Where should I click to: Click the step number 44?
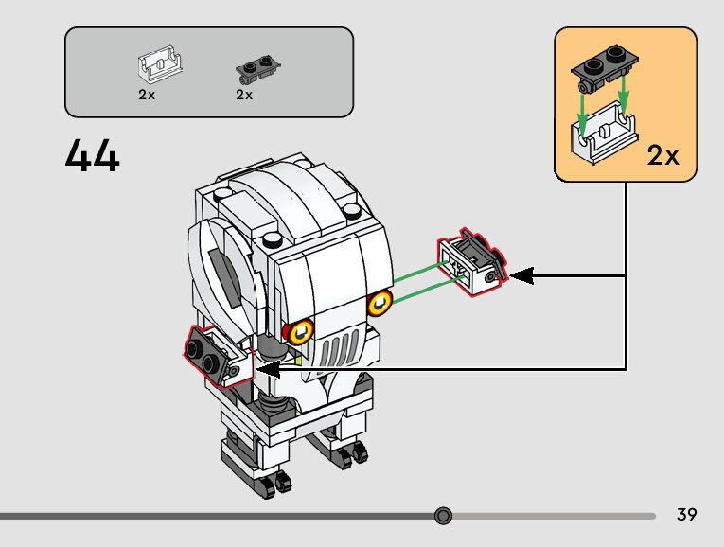click(93, 156)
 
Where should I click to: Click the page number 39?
click(687, 515)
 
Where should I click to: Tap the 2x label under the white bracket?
click(147, 95)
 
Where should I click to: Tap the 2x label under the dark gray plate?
click(244, 95)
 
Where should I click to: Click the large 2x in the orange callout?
click(664, 155)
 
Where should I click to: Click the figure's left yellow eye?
click(302, 329)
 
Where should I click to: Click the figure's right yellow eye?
click(380, 303)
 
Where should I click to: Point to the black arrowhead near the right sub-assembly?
click(521, 276)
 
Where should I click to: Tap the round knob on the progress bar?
click(443, 516)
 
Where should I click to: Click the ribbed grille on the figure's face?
click(335, 354)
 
